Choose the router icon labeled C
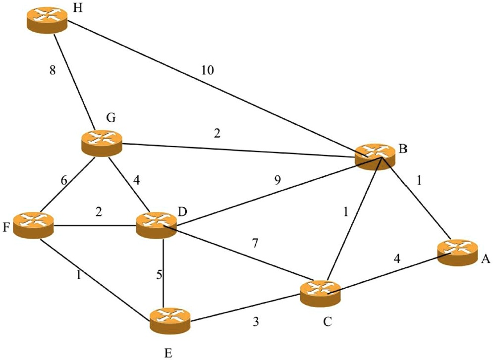point(320,292)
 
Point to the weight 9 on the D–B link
point(277,180)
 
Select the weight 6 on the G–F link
point(64,181)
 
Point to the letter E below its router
point(169,352)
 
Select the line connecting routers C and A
point(386,272)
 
